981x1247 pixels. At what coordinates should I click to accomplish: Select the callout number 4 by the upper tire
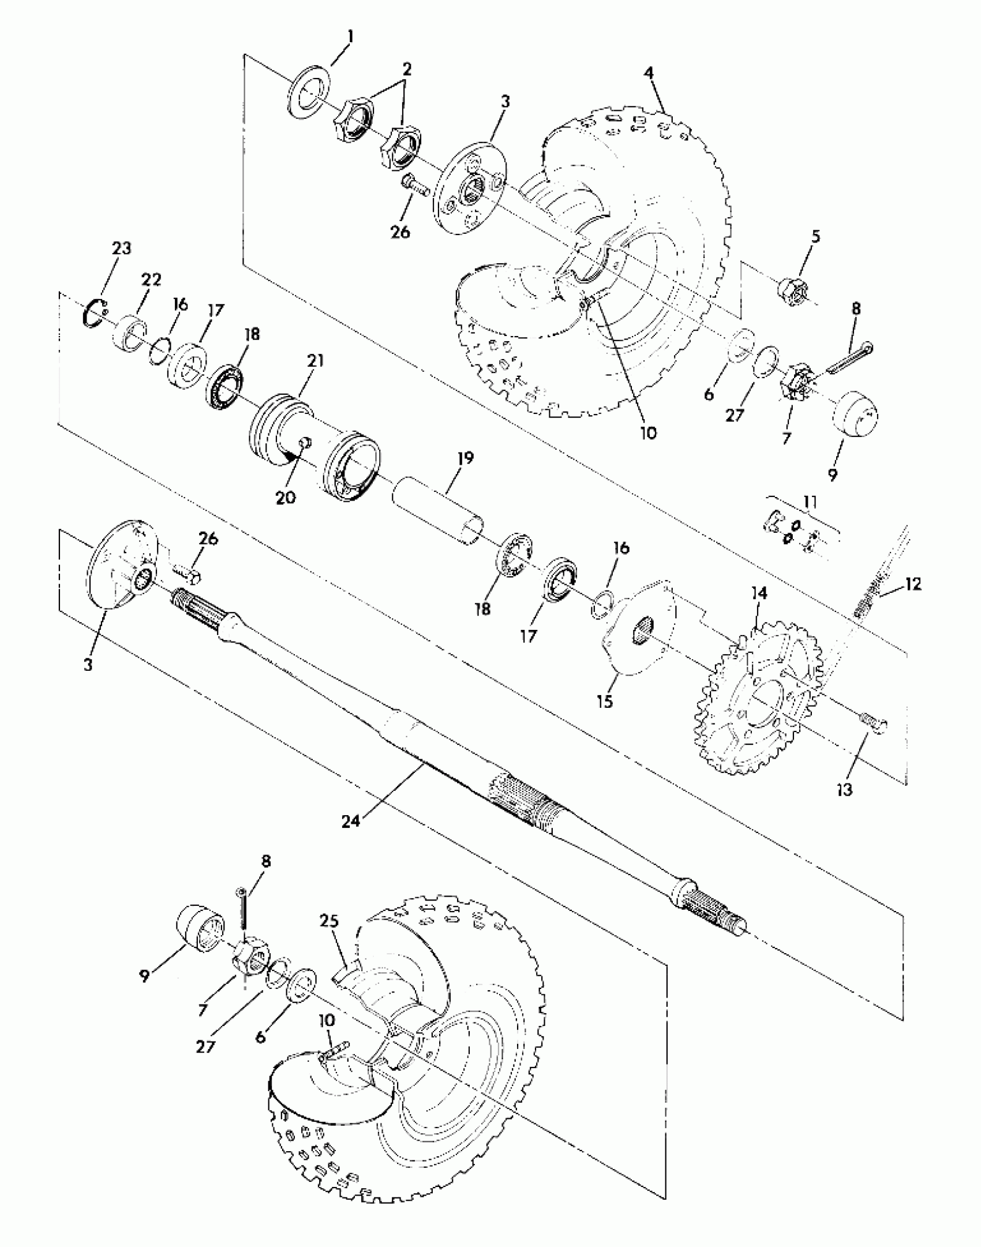[649, 74]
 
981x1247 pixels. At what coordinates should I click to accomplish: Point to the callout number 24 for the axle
[350, 820]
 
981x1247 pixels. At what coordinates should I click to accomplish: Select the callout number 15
[605, 702]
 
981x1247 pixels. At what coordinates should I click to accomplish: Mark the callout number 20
[285, 496]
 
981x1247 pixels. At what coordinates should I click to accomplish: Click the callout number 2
[407, 70]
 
